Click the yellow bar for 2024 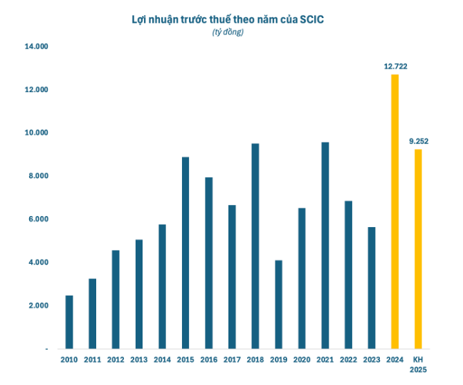(x=394, y=211)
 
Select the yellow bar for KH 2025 (x=418, y=249)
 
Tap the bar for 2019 (x=278, y=304)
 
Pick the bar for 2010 (x=69, y=322)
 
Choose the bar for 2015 (x=185, y=253)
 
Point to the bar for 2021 (x=325, y=245)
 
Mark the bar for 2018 (x=255, y=246)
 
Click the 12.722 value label (x=395, y=66)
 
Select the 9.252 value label (x=419, y=142)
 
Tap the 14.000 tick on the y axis (x=35, y=47)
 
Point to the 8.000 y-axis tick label (x=37, y=176)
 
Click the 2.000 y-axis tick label (x=37, y=305)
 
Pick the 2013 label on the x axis (x=138, y=359)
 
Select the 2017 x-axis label (x=232, y=359)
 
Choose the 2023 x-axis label (x=371, y=359)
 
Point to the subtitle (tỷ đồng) (x=228, y=33)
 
